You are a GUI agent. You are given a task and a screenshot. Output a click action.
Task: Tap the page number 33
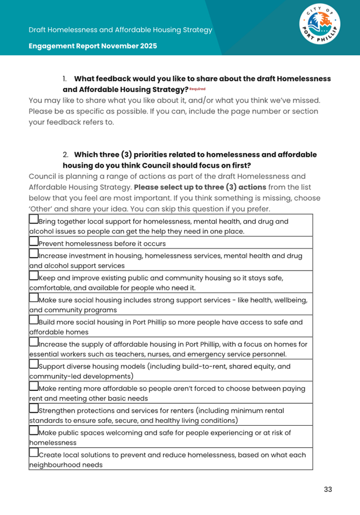[328, 489]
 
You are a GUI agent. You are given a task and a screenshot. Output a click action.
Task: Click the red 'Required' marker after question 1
[197, 89]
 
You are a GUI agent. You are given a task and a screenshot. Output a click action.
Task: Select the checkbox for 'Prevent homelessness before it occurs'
[34, 242]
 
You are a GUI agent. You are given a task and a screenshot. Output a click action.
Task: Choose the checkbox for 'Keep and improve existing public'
[34, 277]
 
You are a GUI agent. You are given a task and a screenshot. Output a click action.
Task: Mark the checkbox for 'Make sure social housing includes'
[34, 298]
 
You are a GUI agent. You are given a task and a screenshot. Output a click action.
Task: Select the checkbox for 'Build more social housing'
[34, 320]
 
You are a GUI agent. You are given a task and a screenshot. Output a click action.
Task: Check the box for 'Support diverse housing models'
[34, 365]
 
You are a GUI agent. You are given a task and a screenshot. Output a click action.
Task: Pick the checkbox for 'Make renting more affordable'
[34, 387]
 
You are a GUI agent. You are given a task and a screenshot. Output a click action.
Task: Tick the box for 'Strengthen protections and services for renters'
[34, 409]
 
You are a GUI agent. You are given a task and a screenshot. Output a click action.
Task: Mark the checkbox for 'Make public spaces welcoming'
[34, 431]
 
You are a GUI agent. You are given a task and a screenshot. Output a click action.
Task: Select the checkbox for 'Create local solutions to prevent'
[34, 453]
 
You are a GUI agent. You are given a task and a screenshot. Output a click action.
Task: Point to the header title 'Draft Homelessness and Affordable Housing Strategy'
[121, 30]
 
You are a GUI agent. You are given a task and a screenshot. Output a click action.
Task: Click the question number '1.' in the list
[65, 79]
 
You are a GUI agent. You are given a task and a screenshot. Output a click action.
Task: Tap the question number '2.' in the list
[65, 155]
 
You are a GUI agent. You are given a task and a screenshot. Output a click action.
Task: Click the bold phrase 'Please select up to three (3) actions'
[200, 187]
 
